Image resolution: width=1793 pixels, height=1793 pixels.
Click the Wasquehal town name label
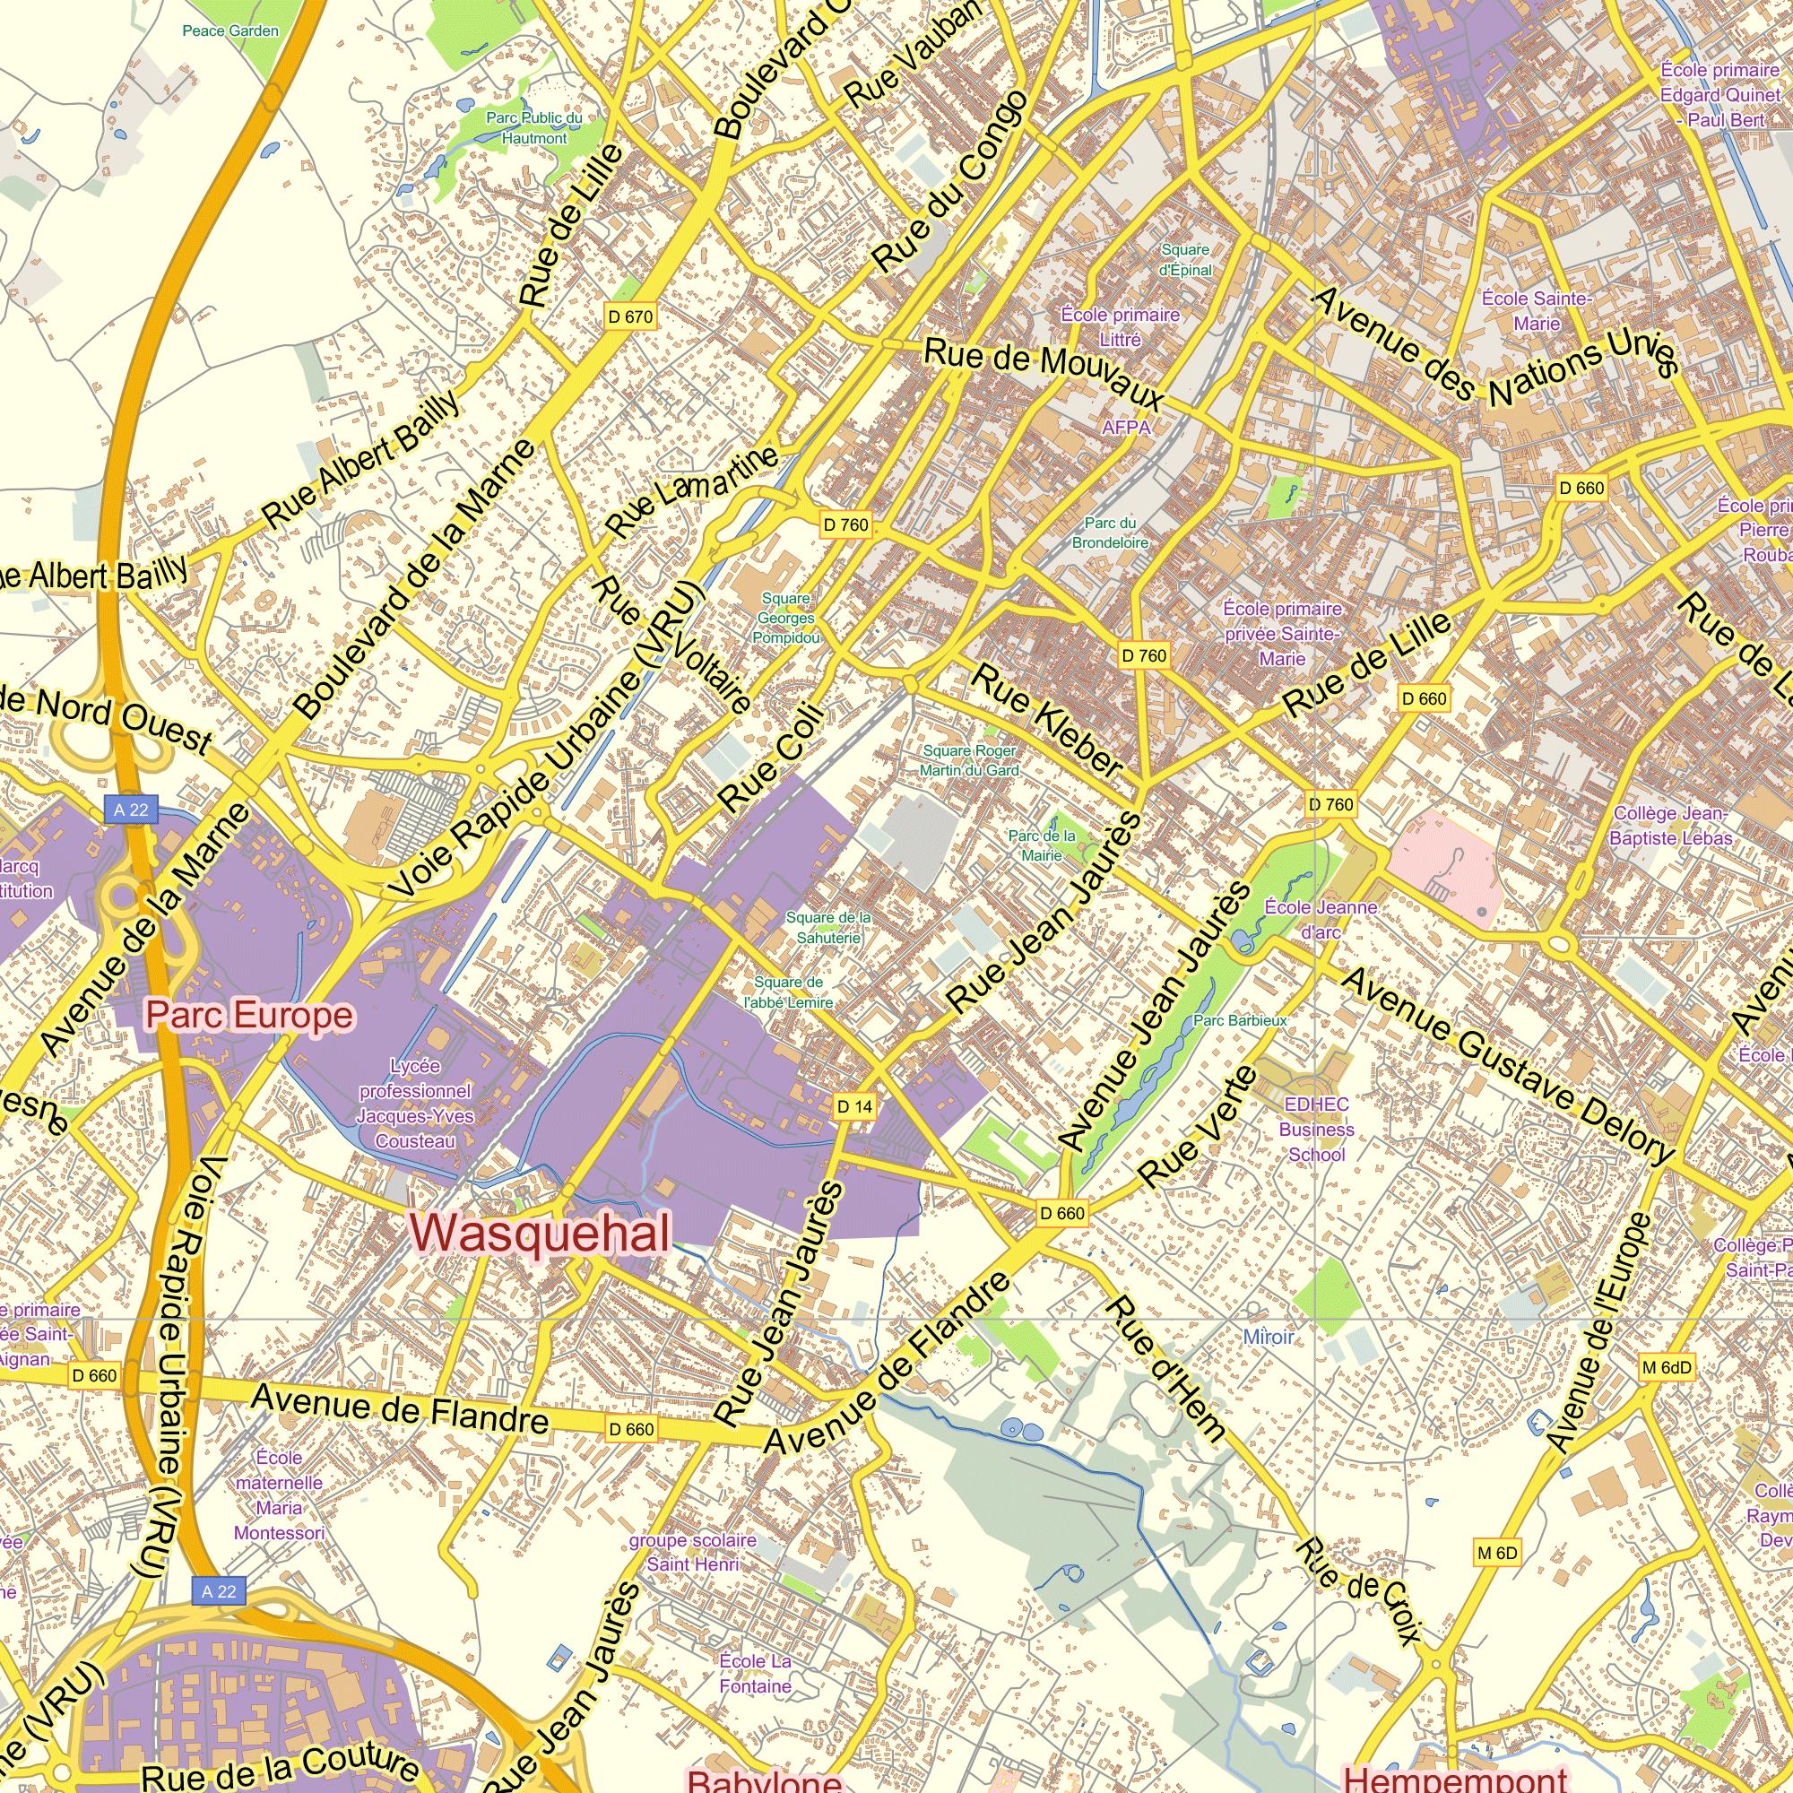pyautogui.click(x=539, y=1233)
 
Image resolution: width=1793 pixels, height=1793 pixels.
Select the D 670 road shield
pyautogui.click(x=631, y=316)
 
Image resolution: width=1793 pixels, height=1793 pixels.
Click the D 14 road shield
pyautogui.click(x=854, y=1106)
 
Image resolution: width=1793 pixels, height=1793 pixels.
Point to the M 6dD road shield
pyautogui.click(x=1667, y=1367)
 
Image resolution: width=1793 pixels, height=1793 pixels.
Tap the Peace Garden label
pyautogui.click(x=230, y=30)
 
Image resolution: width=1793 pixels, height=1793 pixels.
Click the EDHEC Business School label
pyautogui.click(x=1316, y=1130)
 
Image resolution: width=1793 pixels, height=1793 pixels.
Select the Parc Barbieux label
pyautogui.click(x=1240, y=1021)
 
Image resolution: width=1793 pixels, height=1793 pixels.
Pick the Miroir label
pyautogui.click(x=1268, y=1337)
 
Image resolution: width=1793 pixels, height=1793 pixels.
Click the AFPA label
pyautogui.click(x=1126, y=427)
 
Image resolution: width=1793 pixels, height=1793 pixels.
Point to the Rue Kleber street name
pyautogui.click(x=1048, y=720)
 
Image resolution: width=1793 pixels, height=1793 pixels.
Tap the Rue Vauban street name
pyautogui.click(x=913, y=53)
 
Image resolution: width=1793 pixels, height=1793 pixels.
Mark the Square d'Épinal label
pyautogui.click(x=1185, y=260)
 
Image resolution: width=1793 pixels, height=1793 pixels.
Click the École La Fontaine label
pyautogui.click(x=756, y=1673)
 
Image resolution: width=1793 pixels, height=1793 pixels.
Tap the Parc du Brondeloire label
pyautogui.click(x=1110, y=533)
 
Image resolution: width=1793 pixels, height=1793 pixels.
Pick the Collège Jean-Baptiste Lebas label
pyautogui.click(x=1670, y=825)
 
